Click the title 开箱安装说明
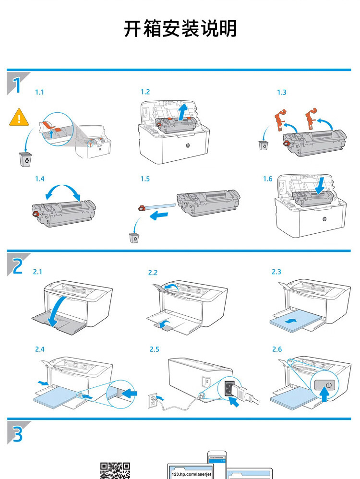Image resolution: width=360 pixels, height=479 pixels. pos(180,29)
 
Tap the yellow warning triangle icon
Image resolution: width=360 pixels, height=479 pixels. pos(19,117)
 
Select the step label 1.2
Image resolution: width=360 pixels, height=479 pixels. pos(145,92)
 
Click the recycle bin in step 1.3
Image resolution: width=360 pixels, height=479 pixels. pos(264,145)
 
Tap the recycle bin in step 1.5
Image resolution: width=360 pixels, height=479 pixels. pos(134,237)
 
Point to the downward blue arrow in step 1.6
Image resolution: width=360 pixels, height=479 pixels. pos(320,185)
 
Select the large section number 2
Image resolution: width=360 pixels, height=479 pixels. pos(17,265)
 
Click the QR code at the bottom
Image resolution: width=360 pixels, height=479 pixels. pos(115,471)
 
